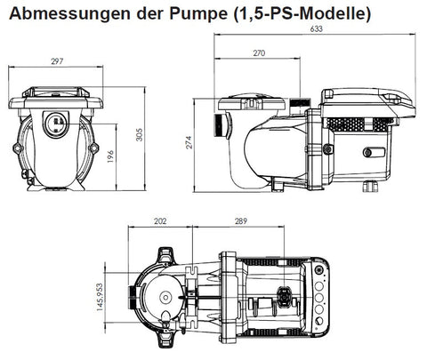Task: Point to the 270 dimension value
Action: click(258, 53)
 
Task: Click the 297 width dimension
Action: click(56, 63)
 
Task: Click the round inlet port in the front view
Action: click(56, 118)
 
